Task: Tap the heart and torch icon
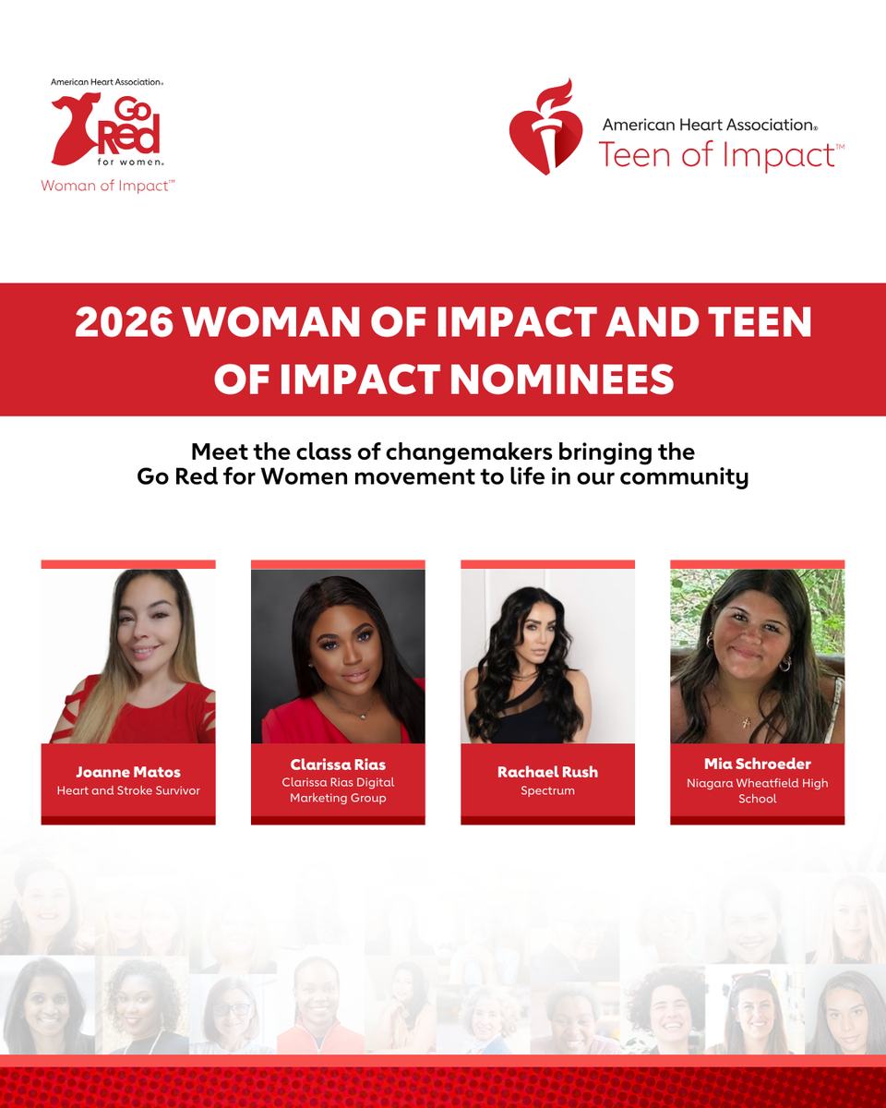tap(545, 127)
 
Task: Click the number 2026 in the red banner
tap(124, 322)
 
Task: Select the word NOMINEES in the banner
tap(562, 379)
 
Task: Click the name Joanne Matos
tap(128, 772)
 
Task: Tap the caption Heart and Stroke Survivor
tap(128, 790)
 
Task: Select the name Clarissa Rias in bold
tap(338, 765)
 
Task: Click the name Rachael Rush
tap(548, 772)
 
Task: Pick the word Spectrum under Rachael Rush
tap(548, 790)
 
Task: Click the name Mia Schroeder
tap(758, 764)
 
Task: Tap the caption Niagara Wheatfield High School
tap(758, 791)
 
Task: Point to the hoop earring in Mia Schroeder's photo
tap(784, 664)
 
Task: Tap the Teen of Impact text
tap(721, 155)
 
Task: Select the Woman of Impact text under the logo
tap(108, 186)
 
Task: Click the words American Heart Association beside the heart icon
tap(710, 125)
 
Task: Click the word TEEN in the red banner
tap(760, 322)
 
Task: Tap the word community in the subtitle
tap(684, 477)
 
